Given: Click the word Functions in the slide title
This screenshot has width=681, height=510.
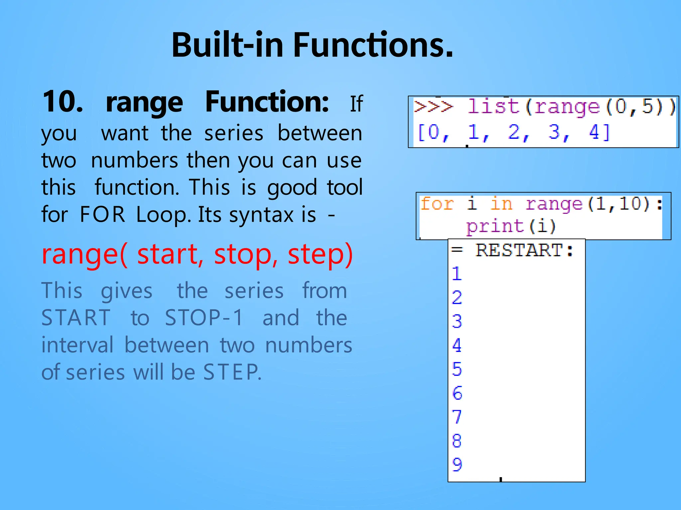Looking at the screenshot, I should [373, 45].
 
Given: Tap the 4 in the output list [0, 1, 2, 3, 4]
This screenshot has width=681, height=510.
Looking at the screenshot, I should [594, 132].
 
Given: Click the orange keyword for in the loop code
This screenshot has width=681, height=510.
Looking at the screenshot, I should [437, 204].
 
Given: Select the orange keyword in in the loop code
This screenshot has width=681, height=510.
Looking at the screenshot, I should [501, 204].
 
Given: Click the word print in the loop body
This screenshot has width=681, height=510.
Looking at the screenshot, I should [494, 226].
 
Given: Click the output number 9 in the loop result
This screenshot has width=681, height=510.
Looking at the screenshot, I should [457, 464].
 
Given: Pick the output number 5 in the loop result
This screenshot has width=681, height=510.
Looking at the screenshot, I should [457, 369].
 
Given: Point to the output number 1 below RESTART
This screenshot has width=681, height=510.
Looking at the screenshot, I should [457, 274].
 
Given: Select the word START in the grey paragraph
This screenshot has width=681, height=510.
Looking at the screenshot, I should [76, 318].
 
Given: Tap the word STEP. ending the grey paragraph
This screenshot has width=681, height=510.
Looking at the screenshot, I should [232, 372].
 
